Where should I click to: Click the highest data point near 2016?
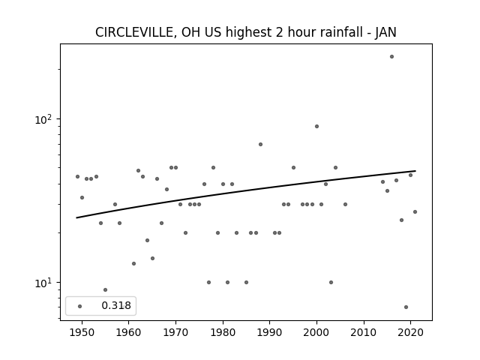tap(391, 57)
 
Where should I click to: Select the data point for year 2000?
tap(316, 127)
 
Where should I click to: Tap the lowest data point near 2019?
tap(406, 307)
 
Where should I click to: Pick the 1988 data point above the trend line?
tap(260, 145)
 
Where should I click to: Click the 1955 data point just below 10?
tap(105, 290)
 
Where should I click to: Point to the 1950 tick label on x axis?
tap(82, 332)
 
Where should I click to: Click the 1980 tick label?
tap(223, 332)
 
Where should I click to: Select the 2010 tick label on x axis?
tap(364, 332)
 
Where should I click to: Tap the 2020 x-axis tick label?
tap(410, 332)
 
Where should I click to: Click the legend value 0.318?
tap(116, 305)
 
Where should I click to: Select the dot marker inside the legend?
tap(80, 306)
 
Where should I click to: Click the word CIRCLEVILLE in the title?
tap(134, 32)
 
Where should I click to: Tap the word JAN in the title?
tap(386, 32)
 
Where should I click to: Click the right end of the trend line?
tap(415, 171)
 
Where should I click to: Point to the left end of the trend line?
tap(76, 218)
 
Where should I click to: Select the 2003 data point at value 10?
tap(331, 282)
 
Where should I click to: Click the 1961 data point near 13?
tap(133, 263)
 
